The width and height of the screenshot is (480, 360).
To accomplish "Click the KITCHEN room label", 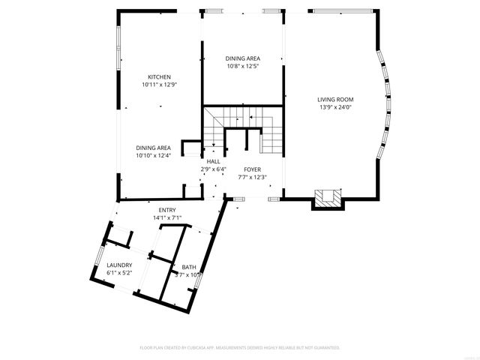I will tap(159, 76).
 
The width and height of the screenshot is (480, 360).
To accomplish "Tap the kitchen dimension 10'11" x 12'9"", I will tap(159, 85).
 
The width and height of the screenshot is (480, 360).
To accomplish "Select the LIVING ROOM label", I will tap(335, 99).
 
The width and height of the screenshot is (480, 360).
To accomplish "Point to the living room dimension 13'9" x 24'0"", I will tap(335, 107).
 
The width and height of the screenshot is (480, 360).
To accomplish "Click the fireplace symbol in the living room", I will tap(328, 197).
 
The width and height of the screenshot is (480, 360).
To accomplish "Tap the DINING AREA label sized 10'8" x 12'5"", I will tap(243, 58).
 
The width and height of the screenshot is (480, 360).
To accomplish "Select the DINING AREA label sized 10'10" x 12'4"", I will tap(153, 148).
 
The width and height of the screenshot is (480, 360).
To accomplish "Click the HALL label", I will tap(213, 161).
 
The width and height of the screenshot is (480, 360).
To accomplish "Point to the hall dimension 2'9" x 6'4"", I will tap(213, 169).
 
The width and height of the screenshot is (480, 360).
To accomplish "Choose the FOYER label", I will tap(251, 169).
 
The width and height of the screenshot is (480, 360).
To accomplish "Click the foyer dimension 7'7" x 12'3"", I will tap(251, 178).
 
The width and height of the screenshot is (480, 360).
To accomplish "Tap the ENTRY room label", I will tap(166, 210).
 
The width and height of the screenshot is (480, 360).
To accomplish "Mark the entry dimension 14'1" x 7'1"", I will tap(166, 217).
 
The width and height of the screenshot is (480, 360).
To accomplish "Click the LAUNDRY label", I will tap(119, 265).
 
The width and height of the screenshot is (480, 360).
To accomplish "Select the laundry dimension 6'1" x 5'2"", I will tap(119, 274).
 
